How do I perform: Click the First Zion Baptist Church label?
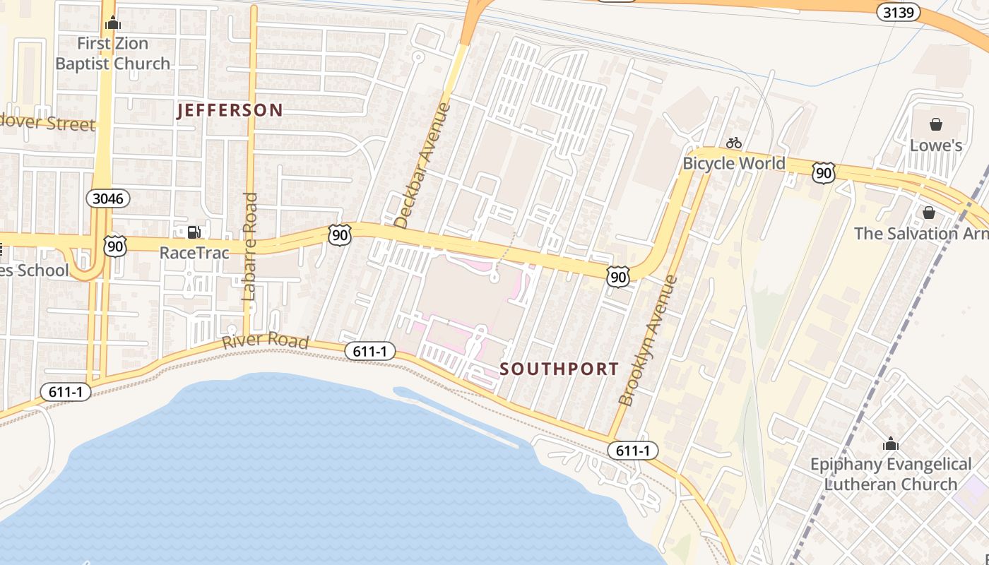tap(113, 54)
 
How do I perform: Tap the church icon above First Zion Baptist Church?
tap(113, 23)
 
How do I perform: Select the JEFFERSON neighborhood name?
tap(230, 110)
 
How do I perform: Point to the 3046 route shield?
tap(108, 198)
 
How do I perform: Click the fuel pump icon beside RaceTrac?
tap(193, 232)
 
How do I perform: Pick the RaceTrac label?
tap(194, 252)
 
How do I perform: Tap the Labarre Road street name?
tap(249, 247)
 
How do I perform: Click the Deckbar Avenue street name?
tap(422, 166)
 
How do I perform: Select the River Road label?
tap(266, 341)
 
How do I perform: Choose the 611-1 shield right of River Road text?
tap(369, 350)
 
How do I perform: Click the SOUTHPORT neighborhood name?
tap(559, 369)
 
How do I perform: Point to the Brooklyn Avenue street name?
tap(648, 340)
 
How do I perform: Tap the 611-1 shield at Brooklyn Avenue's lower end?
tap(632, 451)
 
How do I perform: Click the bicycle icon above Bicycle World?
tap(734, 143)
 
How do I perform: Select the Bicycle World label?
tap(733, 163)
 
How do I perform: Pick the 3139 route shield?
tap(899, 12)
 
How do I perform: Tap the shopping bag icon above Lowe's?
tap(936, 125)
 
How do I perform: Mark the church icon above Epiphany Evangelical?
tap(891, 444)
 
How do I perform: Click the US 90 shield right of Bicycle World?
tap(824, 172)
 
